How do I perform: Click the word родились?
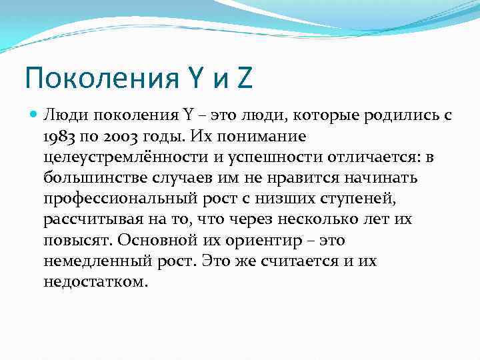(385, 115)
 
